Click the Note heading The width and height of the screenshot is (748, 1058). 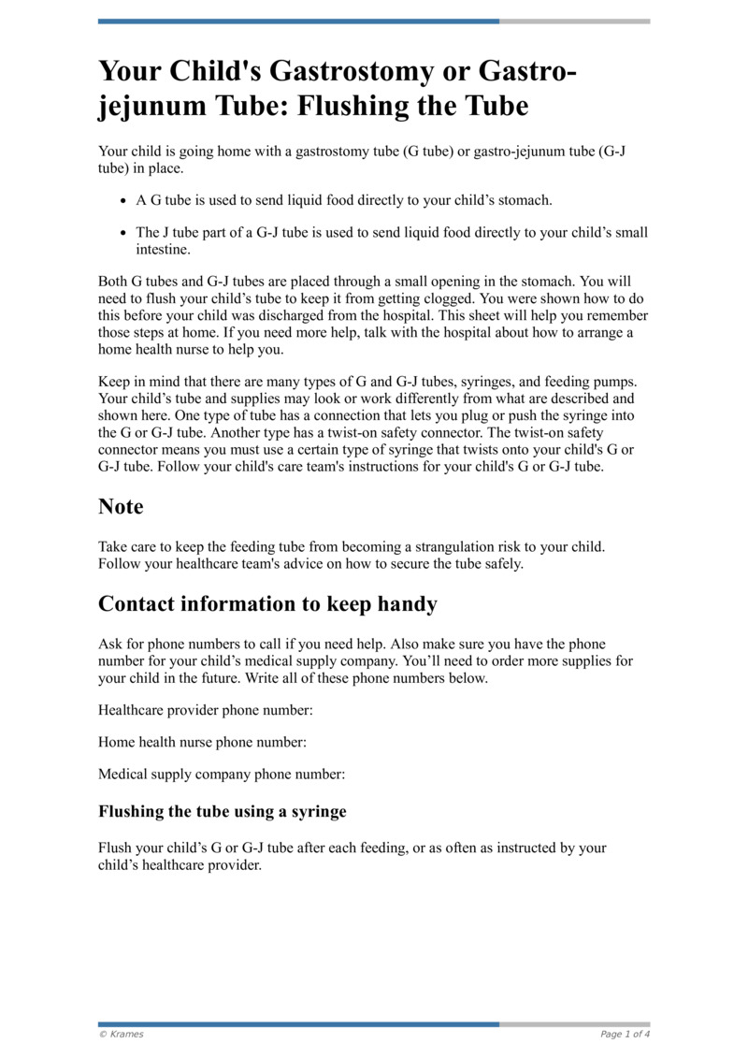[x=121, y=507]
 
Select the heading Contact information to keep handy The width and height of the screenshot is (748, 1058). [x=267, y=604]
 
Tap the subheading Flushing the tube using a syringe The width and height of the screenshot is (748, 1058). [x=223, y=811]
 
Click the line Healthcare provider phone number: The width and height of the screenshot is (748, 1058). [x=206, y=710]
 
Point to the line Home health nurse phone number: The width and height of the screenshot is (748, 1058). [x=203, y=742]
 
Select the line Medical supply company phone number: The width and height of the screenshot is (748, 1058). [x=222, y=774]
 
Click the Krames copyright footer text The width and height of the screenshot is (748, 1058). [x=122, y=1034]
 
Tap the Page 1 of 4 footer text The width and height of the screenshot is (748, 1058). [x=625, y=1034]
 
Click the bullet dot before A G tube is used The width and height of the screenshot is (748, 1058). [x=124, y=201]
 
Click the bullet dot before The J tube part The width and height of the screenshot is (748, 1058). [x=124, y=233]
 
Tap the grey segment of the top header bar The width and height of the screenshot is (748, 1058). [x=574, y=21]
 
